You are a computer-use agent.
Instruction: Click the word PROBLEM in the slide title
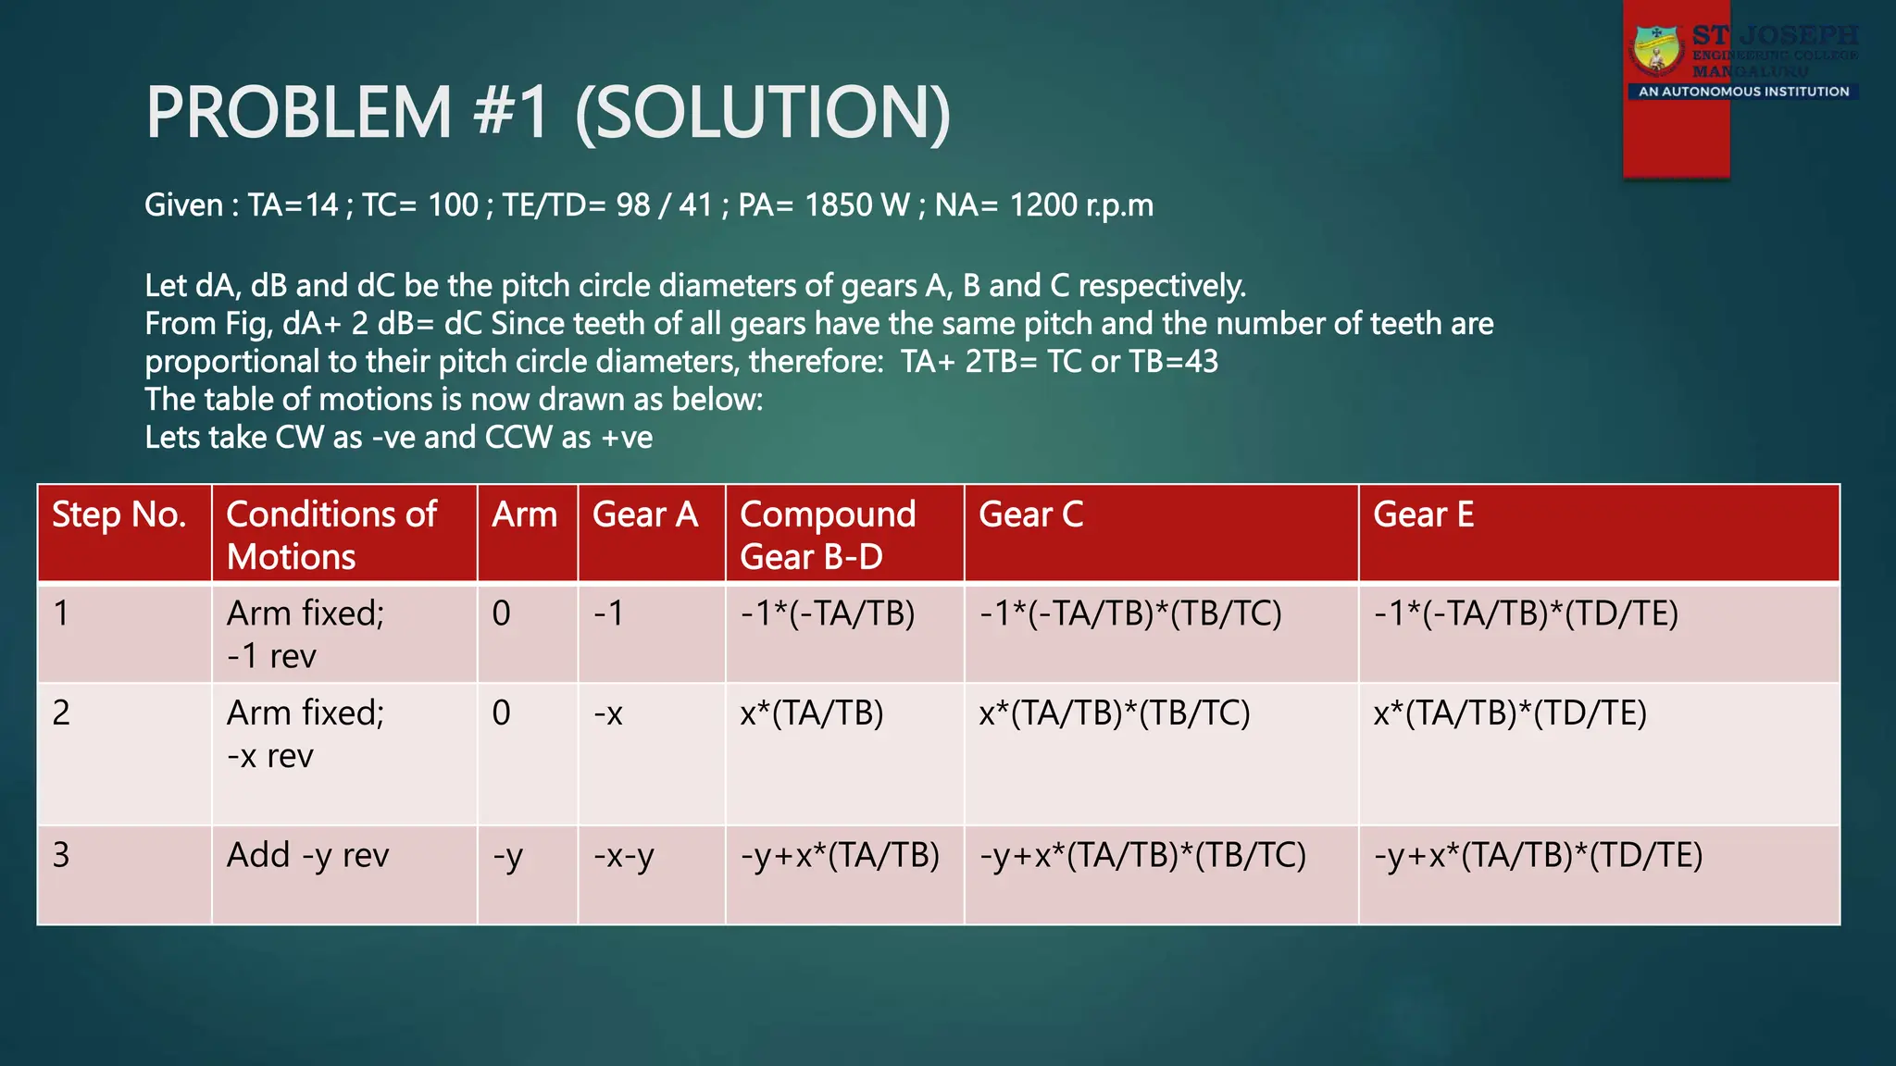point(298,113)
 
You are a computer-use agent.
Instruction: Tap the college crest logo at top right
point(1658,51)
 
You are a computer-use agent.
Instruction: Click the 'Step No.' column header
point(118,514)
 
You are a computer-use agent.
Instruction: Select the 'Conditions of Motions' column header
point(331,535)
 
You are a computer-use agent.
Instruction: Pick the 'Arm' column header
point(524,514)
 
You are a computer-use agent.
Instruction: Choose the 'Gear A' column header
point(644,514)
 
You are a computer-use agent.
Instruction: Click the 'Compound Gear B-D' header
point(828,535)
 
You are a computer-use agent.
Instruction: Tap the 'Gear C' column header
point(1030,514)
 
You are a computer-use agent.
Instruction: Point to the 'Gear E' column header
point(1423,514)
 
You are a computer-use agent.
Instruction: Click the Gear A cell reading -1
point(608,614)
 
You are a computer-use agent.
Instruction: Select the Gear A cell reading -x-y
point(623,856)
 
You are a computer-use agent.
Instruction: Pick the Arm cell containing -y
point(507,856)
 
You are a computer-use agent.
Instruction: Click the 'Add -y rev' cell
point(307,856)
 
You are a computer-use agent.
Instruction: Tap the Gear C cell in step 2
point(1114,713)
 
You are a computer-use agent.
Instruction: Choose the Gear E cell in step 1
point(1525,614)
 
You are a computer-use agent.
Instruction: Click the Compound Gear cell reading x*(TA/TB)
point(811,713)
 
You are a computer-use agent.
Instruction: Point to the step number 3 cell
point(61,855)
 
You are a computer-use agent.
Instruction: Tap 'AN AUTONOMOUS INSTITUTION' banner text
point(1743,92)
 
